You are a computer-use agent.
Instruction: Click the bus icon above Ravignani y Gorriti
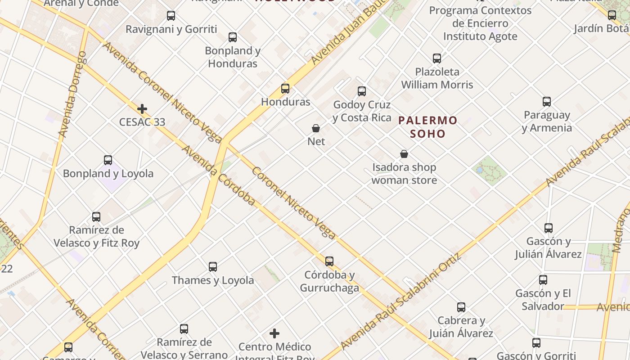(171, 16)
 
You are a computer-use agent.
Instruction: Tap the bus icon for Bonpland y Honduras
(233, 37)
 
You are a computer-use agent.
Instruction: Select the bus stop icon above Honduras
(285, 89)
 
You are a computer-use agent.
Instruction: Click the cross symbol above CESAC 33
(142, 109)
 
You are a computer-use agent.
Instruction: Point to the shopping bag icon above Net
(316, 128)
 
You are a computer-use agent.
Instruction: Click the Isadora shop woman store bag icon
(404, 154)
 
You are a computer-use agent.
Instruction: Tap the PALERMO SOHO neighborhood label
(427, 127)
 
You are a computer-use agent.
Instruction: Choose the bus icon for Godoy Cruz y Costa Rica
(362, 91)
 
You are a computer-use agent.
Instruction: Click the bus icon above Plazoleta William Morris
(437, 58)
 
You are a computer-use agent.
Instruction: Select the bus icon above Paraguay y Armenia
(547, 102)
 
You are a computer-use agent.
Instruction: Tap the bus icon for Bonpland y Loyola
(108, 160)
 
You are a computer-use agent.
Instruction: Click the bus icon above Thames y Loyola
(213, 267)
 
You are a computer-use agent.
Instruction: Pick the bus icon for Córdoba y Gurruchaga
(329, 261)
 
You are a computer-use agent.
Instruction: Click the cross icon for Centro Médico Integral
(274, 333)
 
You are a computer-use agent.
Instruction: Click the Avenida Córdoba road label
(218, 175)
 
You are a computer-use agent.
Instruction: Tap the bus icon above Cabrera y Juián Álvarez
(461, 307)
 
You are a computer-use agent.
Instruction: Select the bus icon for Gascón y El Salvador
(543, 280)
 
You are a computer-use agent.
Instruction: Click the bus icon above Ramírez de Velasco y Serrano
(184, 329)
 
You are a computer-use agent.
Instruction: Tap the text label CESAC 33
(142, 122)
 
